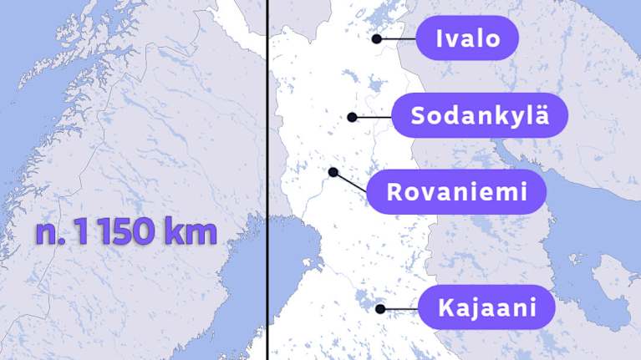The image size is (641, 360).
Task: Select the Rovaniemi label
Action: pos(457,193)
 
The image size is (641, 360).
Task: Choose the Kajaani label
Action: pos(486,308)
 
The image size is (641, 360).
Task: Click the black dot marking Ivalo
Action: pos(377,38)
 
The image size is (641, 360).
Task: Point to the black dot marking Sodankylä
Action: pos(353,117)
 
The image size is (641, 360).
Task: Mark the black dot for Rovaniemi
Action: pos(333,172)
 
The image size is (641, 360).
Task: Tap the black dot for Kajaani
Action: pos(380,309)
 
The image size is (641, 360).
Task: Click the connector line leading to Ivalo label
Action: pos(398,38)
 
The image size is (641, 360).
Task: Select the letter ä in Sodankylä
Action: pos(542,115)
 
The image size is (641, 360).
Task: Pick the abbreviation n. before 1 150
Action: pos(51,232)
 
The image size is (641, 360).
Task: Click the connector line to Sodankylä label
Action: pos(372,117)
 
